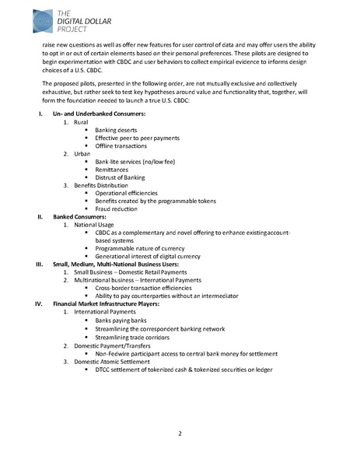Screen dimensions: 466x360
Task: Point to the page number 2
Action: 179,433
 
